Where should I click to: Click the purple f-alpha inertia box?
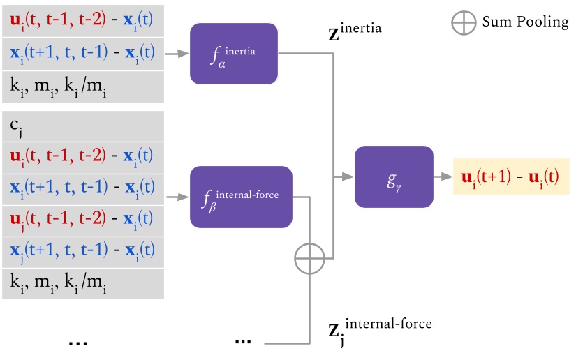233,52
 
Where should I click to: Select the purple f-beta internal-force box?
240,197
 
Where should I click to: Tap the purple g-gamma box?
393,177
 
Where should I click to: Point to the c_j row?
82,126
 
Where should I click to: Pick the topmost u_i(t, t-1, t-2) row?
82,20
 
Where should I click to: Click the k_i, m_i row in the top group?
82,87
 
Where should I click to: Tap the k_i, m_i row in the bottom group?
82,283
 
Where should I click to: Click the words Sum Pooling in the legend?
525,22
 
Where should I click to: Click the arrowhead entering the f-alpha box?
185,52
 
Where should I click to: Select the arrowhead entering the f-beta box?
185,197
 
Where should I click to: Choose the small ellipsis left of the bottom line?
243,342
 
